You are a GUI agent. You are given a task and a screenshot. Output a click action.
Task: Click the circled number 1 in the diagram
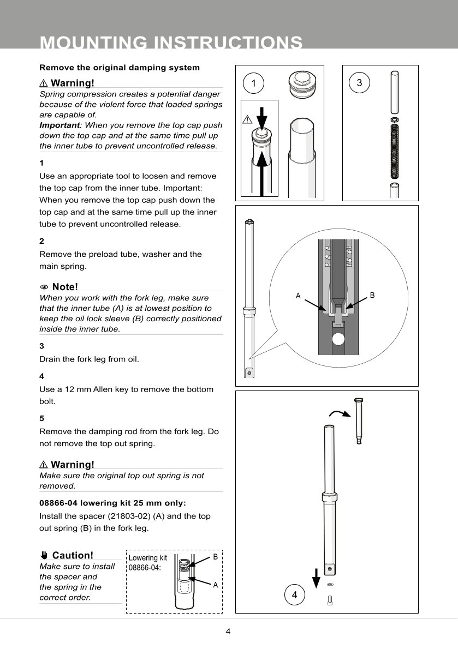tap(253, 83)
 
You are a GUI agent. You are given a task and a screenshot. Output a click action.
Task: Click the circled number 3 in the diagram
tap(359, 83)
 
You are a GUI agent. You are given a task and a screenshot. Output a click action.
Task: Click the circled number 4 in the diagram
tap(295, 595)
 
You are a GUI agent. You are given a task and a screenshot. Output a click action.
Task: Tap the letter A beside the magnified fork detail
tap(298, 296)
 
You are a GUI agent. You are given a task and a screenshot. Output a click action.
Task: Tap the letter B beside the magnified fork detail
tap(372, 295)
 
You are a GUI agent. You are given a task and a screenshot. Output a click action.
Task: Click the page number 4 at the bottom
tap(229, 632)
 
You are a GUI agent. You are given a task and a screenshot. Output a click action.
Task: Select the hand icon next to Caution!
tap(44, 555)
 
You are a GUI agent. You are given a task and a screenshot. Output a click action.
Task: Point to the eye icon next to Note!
tap(44, 287)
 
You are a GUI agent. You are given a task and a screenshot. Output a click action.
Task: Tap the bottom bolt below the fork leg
tap(330, 600)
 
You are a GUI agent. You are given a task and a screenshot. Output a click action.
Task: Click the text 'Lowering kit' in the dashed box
tap(147, 558)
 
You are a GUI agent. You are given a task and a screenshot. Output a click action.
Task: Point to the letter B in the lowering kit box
tap(216, 557)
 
